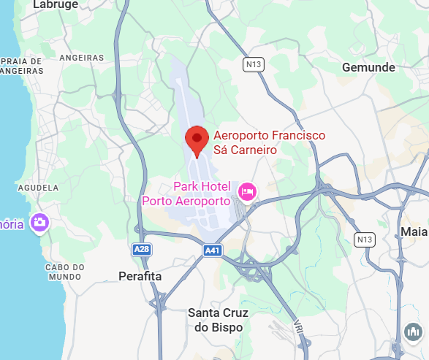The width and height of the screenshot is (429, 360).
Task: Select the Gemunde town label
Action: [368, 67]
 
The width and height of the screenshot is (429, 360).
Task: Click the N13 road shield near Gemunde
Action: [252, 65]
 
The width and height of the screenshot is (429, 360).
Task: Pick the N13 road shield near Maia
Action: [363, 240]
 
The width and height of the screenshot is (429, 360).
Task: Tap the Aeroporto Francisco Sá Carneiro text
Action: [268, 142]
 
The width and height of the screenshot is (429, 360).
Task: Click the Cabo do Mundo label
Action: [65, 272]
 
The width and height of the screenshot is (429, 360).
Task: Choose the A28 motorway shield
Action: [142, 250]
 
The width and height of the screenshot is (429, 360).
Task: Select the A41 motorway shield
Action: [213, 250]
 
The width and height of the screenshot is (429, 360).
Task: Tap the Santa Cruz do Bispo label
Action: [219, 320]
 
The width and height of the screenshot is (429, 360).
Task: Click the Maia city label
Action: [414, 232]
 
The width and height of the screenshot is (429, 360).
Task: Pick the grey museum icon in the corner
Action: [413, 332]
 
